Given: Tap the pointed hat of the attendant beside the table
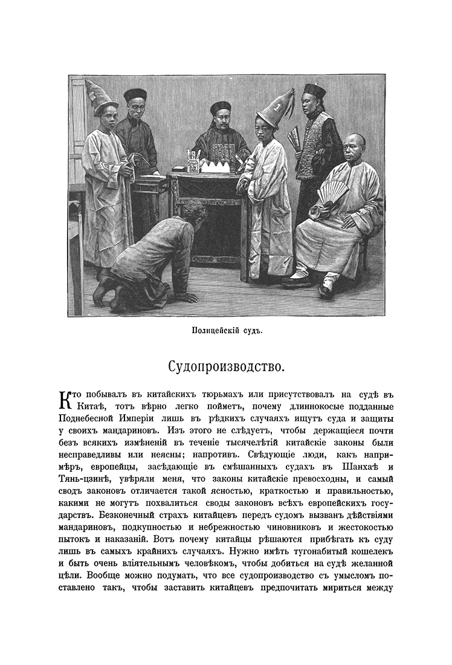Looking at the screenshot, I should point(275,109).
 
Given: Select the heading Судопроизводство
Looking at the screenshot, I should point(225,367).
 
